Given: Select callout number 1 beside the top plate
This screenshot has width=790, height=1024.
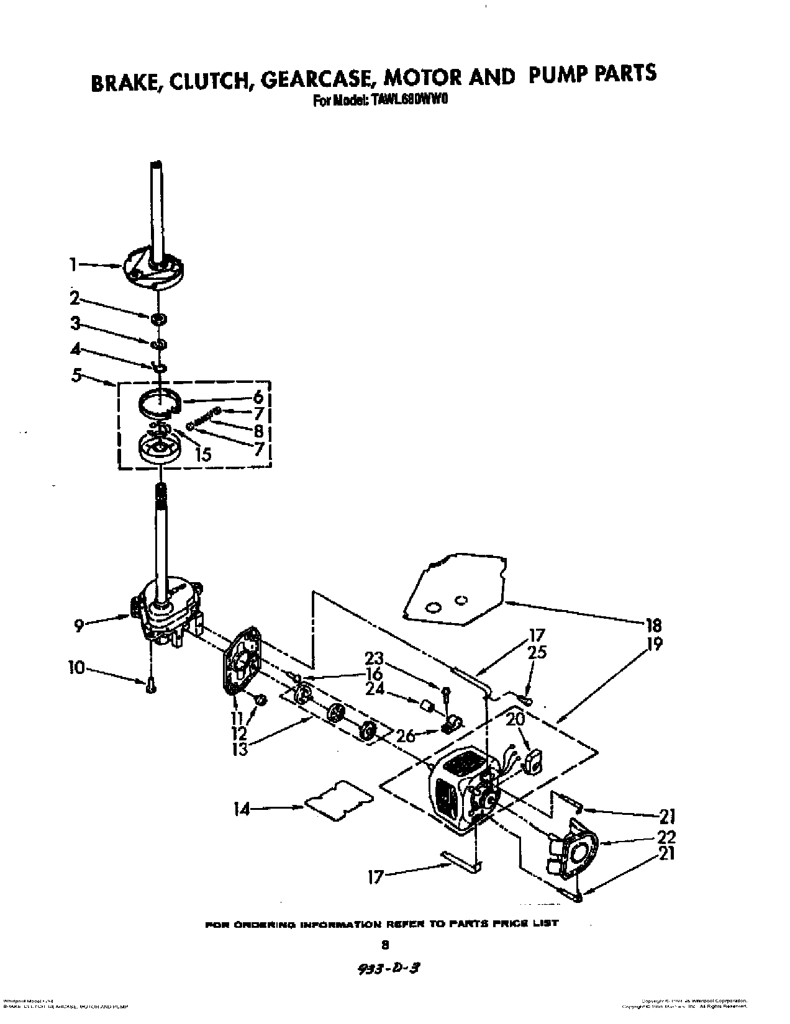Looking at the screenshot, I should (73, 265).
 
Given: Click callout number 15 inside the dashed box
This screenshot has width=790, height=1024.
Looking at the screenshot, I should (202, 454).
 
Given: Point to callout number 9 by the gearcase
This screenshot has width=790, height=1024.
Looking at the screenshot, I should (79, 626).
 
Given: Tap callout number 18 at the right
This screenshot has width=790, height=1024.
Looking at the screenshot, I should (654, 625).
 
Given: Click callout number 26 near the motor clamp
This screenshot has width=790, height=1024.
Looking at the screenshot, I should (406, 736).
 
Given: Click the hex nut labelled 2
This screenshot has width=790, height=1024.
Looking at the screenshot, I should (158, 319).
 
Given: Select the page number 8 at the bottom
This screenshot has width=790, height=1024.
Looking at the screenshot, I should (384, 945).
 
